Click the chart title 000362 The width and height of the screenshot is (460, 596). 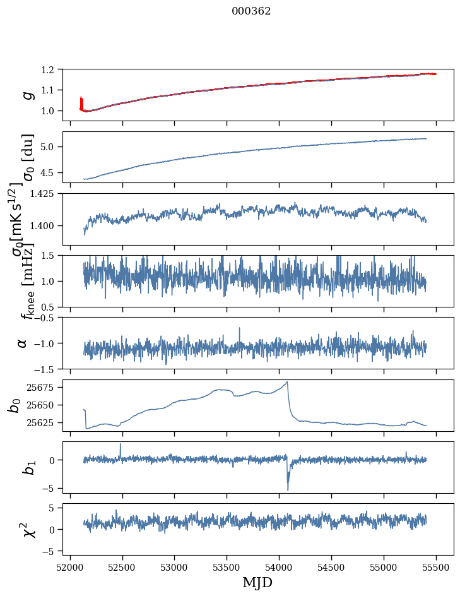coord(251,11)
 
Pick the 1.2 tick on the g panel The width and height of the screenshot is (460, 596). coord(53,69)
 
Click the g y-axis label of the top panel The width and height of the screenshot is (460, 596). coord(27,95)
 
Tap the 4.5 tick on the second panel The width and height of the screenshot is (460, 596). coord(53,172)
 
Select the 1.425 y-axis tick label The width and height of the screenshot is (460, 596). coord(47,194)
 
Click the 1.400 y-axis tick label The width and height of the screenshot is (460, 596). coord(47,225)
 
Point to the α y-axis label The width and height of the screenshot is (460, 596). coord(23,343)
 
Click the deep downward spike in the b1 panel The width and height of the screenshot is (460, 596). coord(288,489)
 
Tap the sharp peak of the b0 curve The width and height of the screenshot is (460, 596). coord(287,382)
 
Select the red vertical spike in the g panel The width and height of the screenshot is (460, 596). coord(81,102)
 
